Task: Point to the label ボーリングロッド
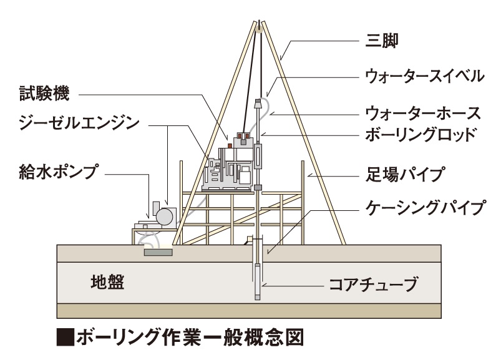click(x=424, y=134)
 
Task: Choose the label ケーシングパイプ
click(x=424, y=208)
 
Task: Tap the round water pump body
click(x=164, y=216)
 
